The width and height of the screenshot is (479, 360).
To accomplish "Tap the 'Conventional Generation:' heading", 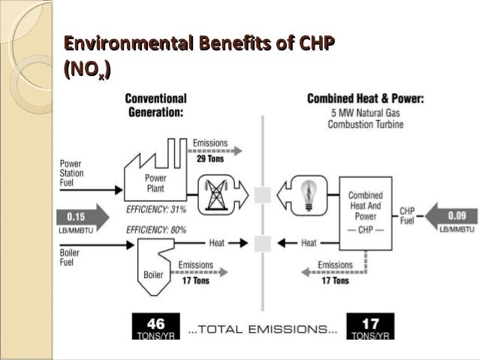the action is click(x=155, y=105).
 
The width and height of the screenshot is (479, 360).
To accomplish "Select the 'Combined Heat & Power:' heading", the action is click(x=366, y=98).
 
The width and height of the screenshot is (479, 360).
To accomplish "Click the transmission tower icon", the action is click(x=218, y=195).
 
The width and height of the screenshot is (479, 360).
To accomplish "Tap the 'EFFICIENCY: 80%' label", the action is click(x=156, y=228).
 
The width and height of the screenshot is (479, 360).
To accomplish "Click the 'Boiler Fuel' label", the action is click(x=69, y=259).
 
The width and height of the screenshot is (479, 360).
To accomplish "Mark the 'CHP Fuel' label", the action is click(x=408, y=216).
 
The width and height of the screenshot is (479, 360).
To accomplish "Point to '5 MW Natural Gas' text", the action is click(x=366, y=112).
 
